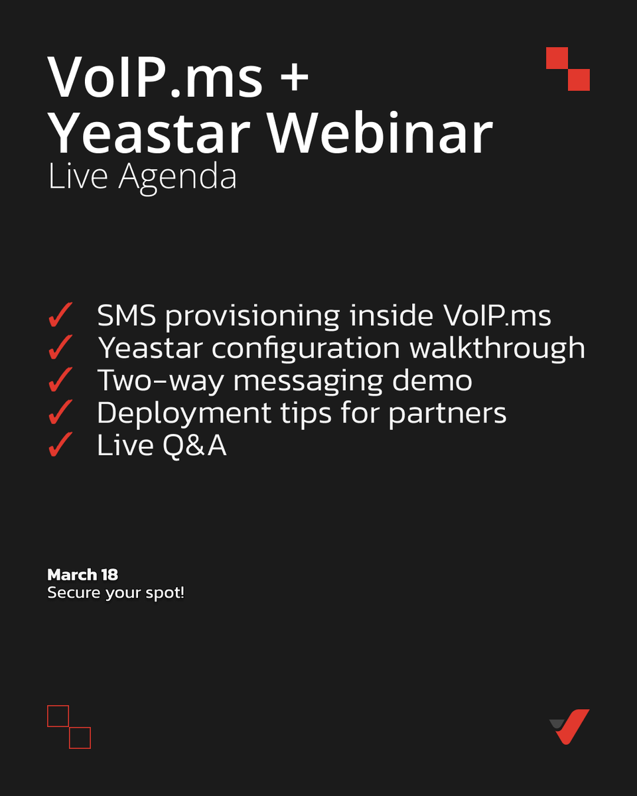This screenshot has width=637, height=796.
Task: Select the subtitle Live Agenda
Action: tap(142, 177)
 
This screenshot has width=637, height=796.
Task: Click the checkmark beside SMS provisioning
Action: tap(60, 317)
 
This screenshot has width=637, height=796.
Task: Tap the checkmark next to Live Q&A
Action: tap(60, 446)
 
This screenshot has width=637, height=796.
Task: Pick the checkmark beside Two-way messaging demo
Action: tap(60, 381)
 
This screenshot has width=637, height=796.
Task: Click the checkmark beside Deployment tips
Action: tap(60, 414)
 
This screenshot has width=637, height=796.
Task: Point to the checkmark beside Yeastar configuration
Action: tap(60, 349)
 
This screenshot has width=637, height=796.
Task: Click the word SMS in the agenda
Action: tap(127, 316)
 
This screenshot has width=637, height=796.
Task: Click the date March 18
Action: tap(82, 574)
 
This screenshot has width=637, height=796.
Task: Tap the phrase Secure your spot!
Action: tap(115, 592)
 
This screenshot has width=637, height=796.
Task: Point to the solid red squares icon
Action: tap(568, 69)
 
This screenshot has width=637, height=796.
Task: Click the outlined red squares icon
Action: tap(69, 727)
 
